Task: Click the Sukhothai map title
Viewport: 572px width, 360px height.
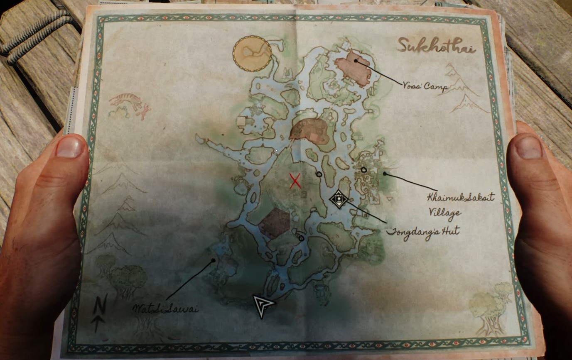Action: coord(436,45)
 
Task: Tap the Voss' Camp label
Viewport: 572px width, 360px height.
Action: coord(425,87)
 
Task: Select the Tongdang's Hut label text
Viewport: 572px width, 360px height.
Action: coord(422,232)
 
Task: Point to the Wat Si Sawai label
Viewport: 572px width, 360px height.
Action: coord(165,309)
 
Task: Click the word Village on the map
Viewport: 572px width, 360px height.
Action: coord(444,213)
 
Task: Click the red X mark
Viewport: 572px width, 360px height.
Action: coord(295,181)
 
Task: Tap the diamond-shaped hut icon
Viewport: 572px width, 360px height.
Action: coord(339,199)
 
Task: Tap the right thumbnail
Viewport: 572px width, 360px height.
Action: coord(528,147)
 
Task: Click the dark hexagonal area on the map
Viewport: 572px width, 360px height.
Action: coord(274,223)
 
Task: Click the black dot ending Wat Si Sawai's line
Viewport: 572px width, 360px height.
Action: coord(213,261)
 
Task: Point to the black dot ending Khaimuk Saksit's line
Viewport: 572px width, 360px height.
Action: coord(385,174)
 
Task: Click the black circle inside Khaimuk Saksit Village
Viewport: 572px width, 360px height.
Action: coord(364,169)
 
